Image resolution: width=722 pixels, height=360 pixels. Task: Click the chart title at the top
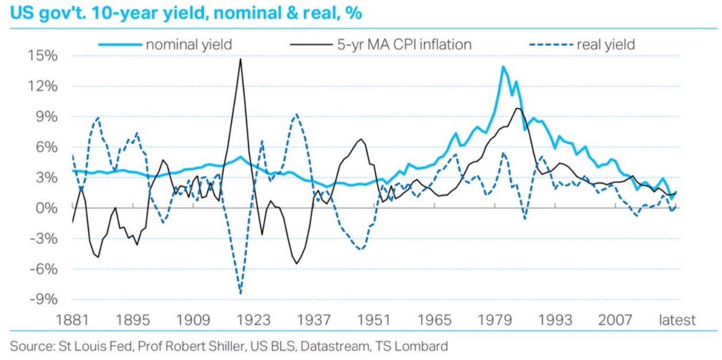(x=186, y=13)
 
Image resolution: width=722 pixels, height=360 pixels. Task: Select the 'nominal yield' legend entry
(x=189, y=44)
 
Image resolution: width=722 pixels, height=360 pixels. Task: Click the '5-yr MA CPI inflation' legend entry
(x=404, y=44)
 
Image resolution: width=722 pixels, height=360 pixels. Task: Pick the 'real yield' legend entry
(x=605, y=44)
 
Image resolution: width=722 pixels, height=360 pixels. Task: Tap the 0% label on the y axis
(x=46, y=208)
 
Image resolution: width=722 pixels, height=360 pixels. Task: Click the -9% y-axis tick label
(x=43, y=299)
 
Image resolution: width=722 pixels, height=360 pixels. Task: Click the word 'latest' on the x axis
(x=677, y=320)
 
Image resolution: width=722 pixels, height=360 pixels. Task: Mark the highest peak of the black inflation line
(x=240, y=59)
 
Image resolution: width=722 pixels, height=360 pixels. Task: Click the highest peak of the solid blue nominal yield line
(x=503, y=67)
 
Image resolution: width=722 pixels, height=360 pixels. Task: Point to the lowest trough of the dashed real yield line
(x=240, y=293)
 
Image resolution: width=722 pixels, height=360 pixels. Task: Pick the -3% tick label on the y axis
(x=43, y=238)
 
